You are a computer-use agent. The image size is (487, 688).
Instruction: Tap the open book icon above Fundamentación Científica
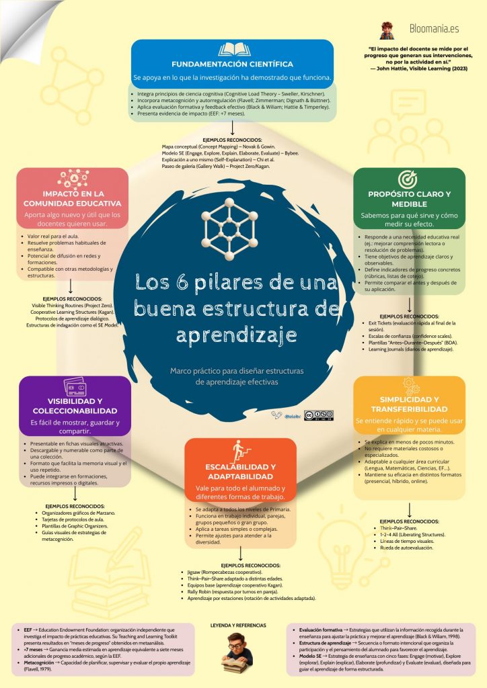tap(232, 50)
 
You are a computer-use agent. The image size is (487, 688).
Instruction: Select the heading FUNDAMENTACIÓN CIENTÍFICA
tap(232, 64)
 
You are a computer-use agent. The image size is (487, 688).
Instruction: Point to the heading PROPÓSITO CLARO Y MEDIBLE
tap(409, 199)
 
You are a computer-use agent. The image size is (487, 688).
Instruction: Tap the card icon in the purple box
tap(75, 388)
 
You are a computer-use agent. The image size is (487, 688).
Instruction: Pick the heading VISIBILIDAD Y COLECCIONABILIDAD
tap(75, 406)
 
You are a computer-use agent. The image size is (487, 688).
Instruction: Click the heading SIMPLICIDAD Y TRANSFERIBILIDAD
tap(409, 404)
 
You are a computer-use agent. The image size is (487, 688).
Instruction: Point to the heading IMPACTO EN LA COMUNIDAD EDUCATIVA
tap(73, 198)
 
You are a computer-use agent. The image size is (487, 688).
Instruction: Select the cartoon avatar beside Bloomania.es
tap(387, 30)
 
